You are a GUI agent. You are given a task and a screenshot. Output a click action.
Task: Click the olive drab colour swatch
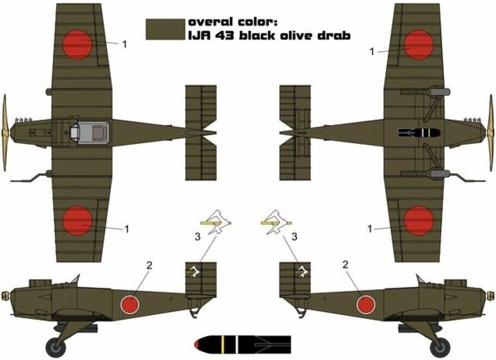click(x=166, y=29)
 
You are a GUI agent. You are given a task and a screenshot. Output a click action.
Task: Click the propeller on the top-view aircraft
click(x=4, y=133)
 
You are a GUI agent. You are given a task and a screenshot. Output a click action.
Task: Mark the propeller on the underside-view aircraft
click(x=491, y=133)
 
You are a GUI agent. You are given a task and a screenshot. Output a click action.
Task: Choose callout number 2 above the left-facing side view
click(x=149, y=265)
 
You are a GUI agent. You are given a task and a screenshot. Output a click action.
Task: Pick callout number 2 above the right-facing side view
click(x=345, y=265)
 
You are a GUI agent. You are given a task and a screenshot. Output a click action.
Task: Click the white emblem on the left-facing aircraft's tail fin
click(x=194, y=271)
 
